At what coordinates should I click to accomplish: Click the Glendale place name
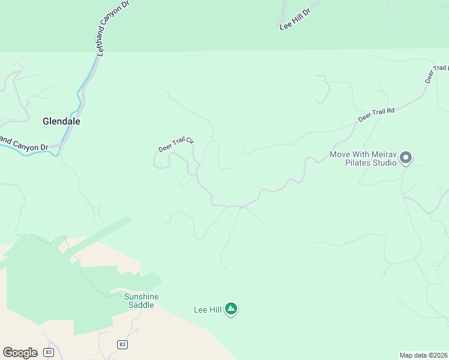point(61,121)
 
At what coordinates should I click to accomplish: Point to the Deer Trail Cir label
point(176,145)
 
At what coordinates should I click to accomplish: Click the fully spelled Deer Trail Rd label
point(376,115)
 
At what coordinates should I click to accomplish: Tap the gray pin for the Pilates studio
point(406,158)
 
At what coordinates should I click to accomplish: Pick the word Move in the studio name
point(340,154)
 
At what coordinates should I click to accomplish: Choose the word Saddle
point(141,305)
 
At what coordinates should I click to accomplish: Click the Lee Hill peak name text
point(208,310)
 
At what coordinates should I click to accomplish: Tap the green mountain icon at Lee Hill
point(231,310)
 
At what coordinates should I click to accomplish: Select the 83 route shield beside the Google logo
point(49,352)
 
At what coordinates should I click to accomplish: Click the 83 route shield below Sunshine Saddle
point(122,344)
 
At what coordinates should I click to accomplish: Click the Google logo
point(20,353)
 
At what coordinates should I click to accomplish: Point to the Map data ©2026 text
point(424,355)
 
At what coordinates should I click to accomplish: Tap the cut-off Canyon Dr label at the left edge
point(24,143)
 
